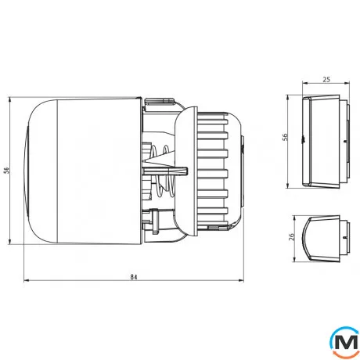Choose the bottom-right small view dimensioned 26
pos(321,239)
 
